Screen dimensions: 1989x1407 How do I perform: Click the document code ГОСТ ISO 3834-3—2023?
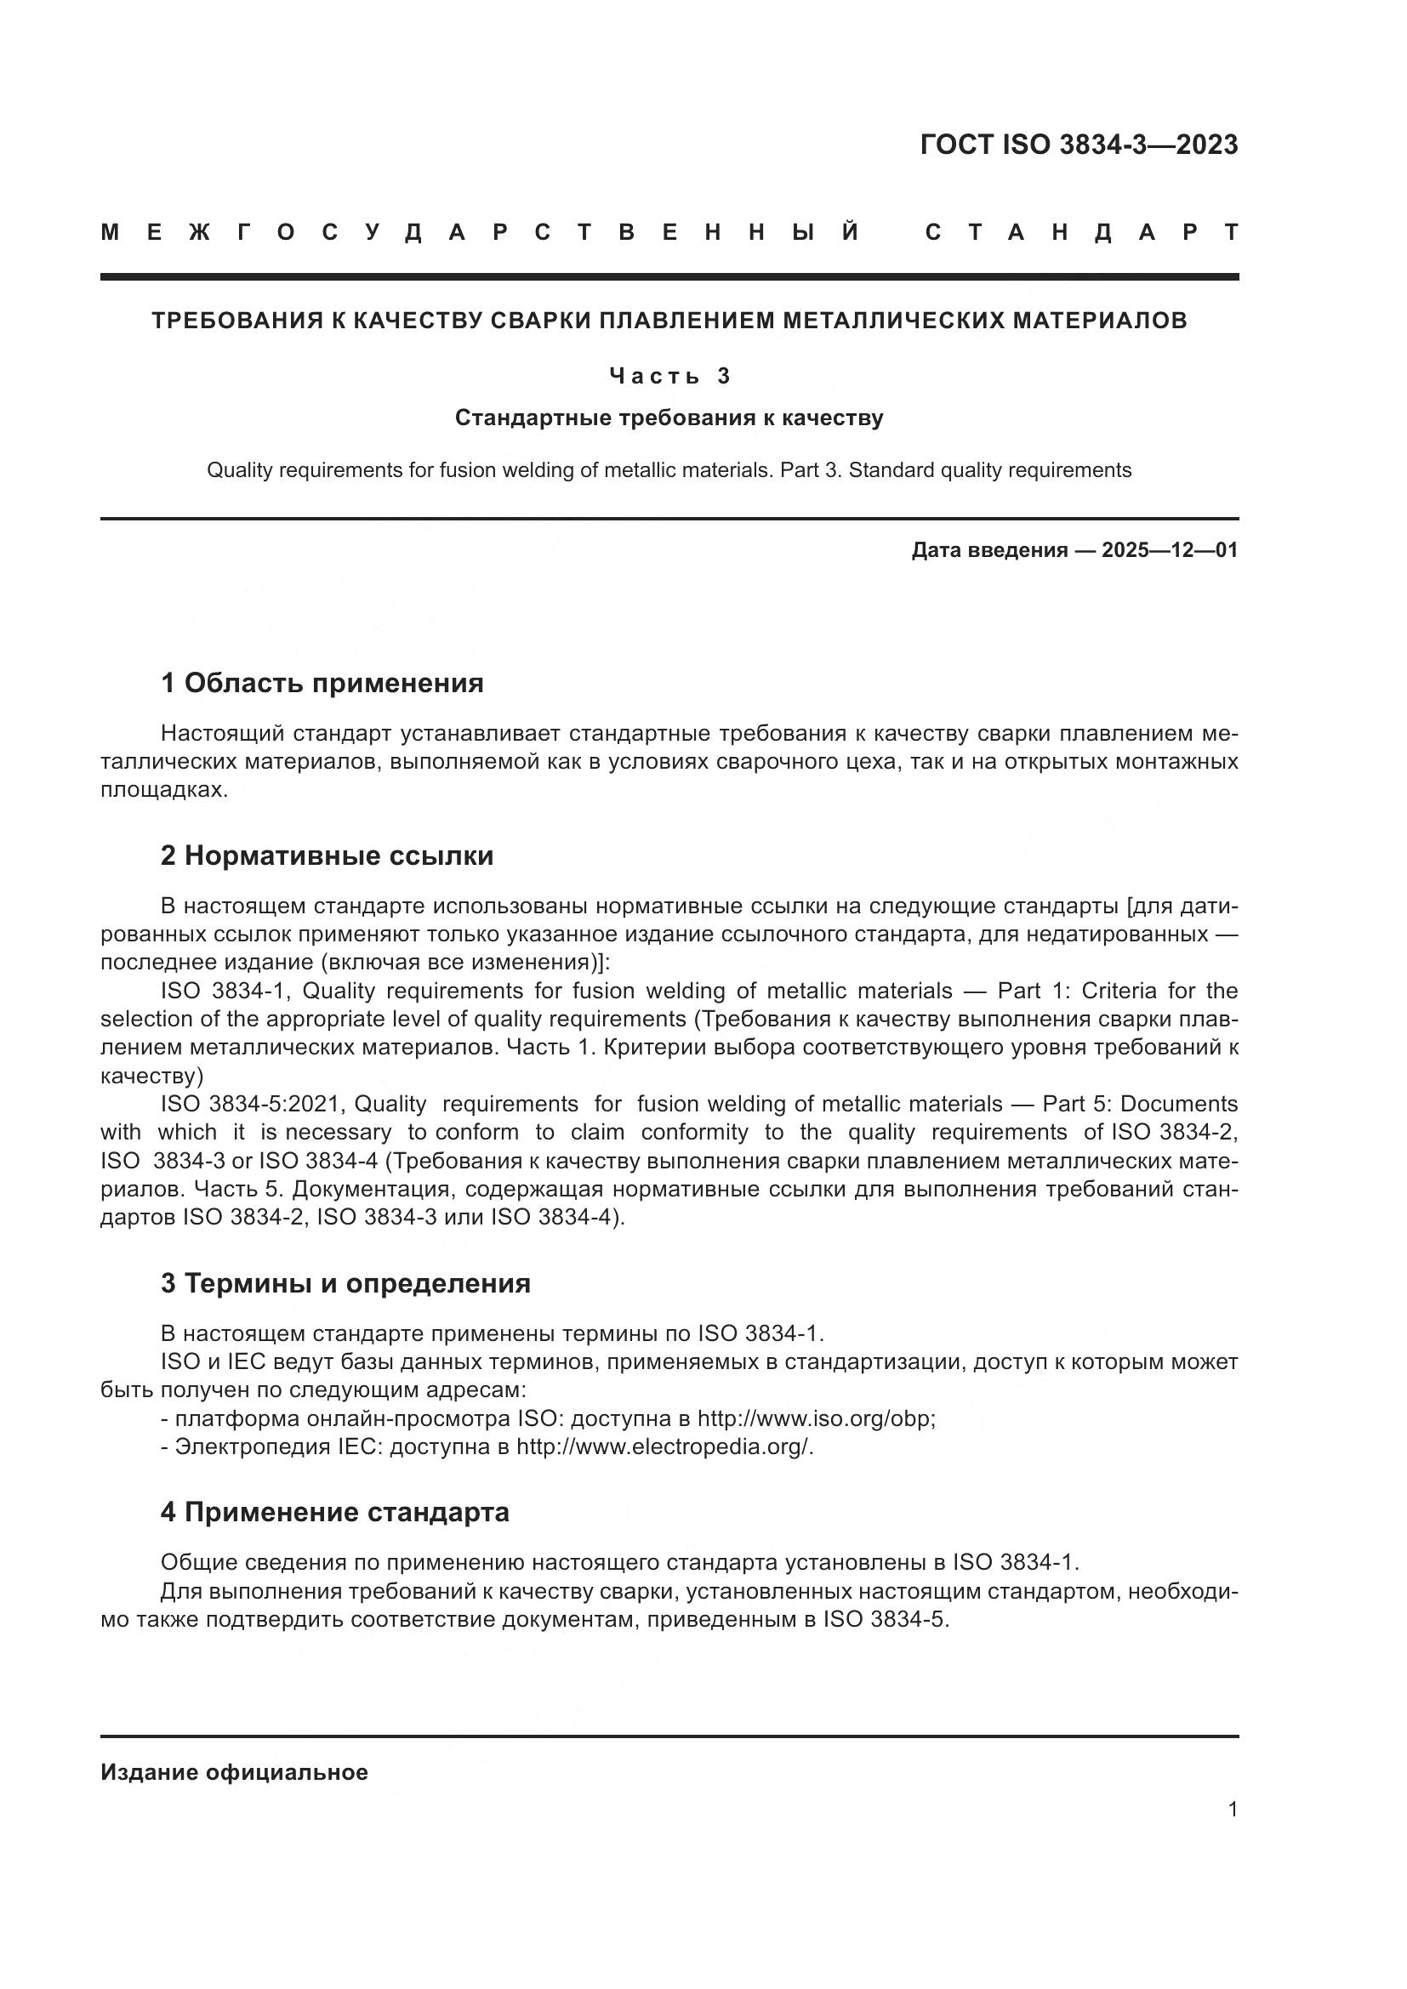[1078, 145]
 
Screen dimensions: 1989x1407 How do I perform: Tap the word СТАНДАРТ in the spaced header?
[1081, 233]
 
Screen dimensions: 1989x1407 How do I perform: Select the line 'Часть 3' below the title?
[669, 376]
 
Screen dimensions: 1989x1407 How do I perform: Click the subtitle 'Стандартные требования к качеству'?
[669, 418]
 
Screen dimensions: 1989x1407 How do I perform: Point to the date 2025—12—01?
[1169, 551]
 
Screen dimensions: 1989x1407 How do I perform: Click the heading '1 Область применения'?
[322, 684]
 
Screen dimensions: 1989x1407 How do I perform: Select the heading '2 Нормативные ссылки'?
[327, 856]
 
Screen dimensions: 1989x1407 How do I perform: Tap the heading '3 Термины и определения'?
[345, 1283]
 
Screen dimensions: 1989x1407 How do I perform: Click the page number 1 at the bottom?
[1232, 1810]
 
